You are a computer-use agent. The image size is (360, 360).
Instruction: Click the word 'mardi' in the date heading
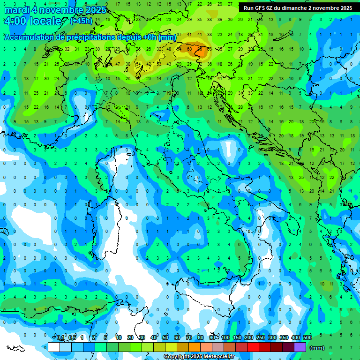pos(16,10)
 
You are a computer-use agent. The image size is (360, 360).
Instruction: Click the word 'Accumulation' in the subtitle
pos(28,37)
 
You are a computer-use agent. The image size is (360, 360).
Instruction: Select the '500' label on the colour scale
pos(307,338)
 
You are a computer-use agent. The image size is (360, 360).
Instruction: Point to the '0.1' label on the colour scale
pos(60,338)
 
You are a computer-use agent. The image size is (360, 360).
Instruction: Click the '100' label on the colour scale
pos(225,338)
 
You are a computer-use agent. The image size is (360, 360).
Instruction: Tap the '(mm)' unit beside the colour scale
pos(317,348)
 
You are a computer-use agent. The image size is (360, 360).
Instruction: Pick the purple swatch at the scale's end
pos(300,347)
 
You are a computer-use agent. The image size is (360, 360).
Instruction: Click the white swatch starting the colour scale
pos(54,347)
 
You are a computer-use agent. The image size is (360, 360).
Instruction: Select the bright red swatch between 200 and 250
pos(253,347)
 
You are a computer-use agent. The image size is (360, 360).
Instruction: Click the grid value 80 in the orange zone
pos(201,48)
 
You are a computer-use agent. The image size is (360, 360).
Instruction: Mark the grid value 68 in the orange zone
pos(190,48)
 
